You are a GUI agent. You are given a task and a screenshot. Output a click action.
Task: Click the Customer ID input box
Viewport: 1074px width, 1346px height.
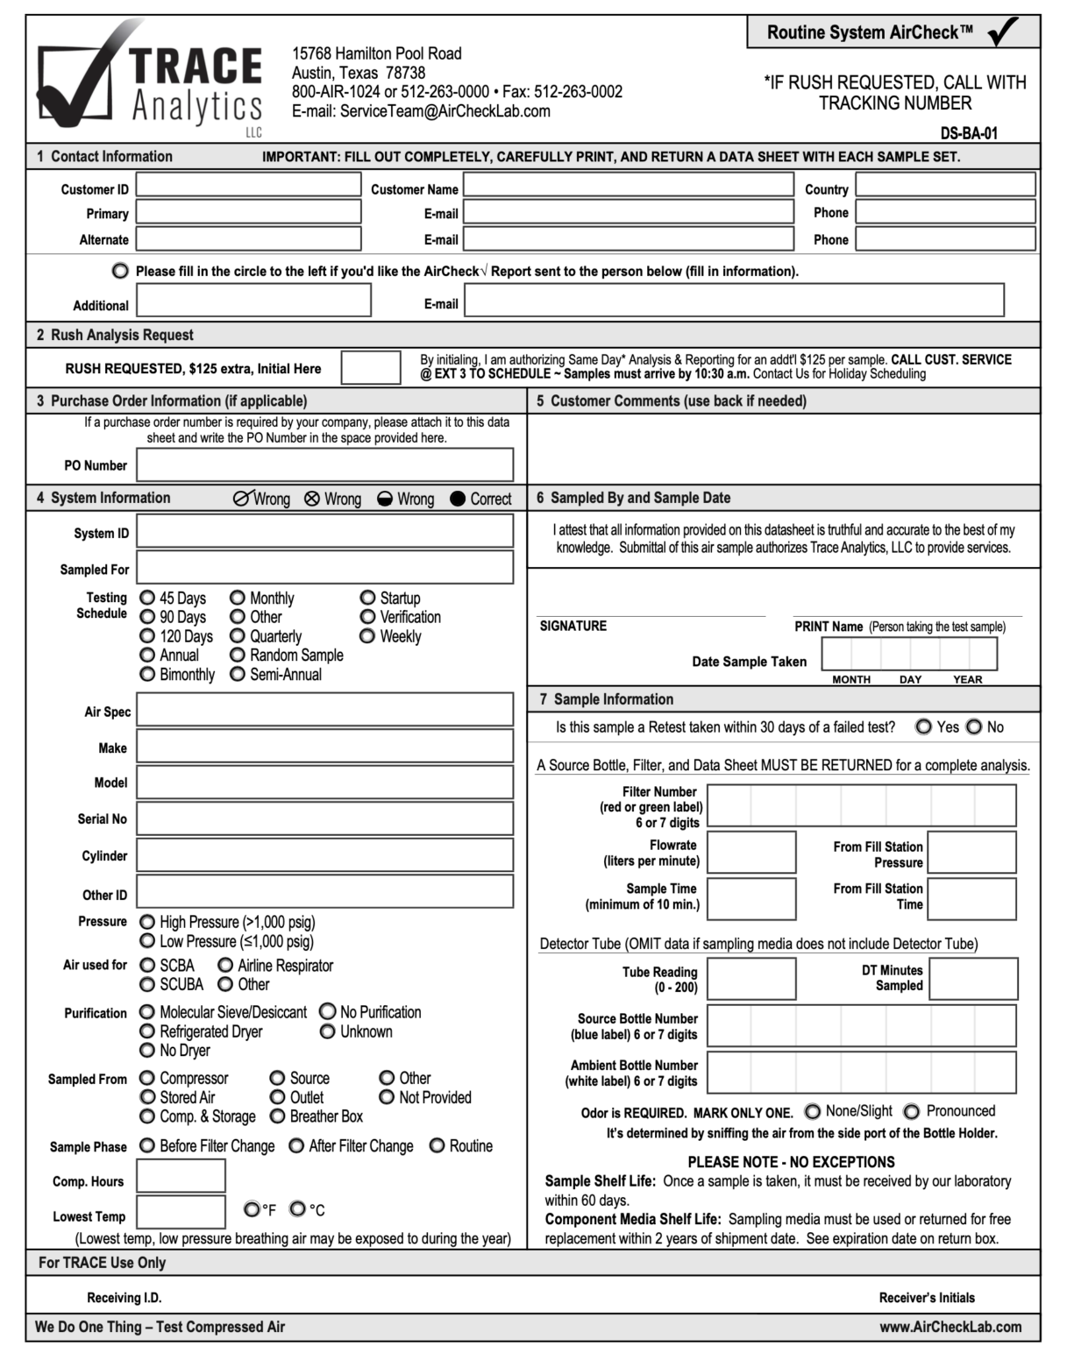tap(248, 185)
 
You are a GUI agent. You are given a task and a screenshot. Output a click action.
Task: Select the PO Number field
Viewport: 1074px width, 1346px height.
tap(324, 464)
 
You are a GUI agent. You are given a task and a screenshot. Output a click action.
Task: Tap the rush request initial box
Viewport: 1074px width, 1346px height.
tap(370, 368)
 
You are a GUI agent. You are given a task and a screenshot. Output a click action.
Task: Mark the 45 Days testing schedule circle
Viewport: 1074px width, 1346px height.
tap(147, 598)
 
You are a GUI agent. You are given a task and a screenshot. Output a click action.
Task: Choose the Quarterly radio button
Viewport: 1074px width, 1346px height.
tap(238, 636)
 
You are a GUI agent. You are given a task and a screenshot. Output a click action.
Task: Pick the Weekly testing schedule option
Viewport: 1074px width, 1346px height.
tap(367, 636)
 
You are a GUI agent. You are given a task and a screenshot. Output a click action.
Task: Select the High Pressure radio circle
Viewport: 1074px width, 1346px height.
tap(147, 922)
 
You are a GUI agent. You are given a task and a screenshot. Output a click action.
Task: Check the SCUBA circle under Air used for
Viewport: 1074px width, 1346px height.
tap(147, 984)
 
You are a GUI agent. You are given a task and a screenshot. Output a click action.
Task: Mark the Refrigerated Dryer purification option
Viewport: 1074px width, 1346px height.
tap(147, 1031)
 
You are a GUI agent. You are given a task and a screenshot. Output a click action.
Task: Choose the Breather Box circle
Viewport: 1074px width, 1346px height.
tap(277, 1116)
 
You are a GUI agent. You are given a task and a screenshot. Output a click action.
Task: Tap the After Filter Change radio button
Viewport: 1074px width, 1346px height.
tap(296, 1146)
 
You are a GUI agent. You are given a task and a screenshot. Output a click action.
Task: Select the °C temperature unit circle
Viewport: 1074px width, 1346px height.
tap(297, 1209)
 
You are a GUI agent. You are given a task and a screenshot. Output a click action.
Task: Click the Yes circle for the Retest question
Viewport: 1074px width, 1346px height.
tap(923, 726)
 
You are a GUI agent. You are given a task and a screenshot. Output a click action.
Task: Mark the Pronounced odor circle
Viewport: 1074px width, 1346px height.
tap(912, 1111)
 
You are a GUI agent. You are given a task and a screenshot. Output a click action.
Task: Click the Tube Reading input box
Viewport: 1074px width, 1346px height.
tap(751, 979)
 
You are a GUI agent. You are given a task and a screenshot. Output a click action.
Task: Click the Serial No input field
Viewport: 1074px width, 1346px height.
tap(324, 818)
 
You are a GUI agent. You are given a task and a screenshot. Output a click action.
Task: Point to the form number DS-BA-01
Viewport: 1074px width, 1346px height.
tap(969, 134)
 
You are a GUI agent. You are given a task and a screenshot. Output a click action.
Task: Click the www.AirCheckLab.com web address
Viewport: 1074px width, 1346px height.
tap(950, 1327)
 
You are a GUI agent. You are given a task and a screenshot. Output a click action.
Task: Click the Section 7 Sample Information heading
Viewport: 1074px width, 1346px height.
tap(613, 699)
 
